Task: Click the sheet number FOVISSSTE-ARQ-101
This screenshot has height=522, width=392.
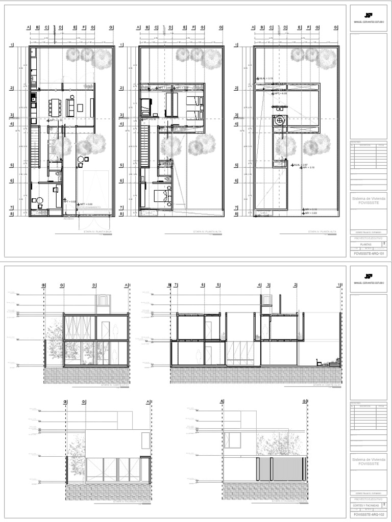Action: tap(367, 252)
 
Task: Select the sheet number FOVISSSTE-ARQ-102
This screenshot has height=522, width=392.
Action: tap(367, 514)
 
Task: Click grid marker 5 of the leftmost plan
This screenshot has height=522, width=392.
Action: tap(11, 166)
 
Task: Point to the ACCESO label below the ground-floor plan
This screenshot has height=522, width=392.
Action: tap(68, 219)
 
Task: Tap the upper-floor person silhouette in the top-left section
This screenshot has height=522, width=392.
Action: tap(116, 328)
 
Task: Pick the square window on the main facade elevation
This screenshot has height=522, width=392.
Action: tap(234, 438)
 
